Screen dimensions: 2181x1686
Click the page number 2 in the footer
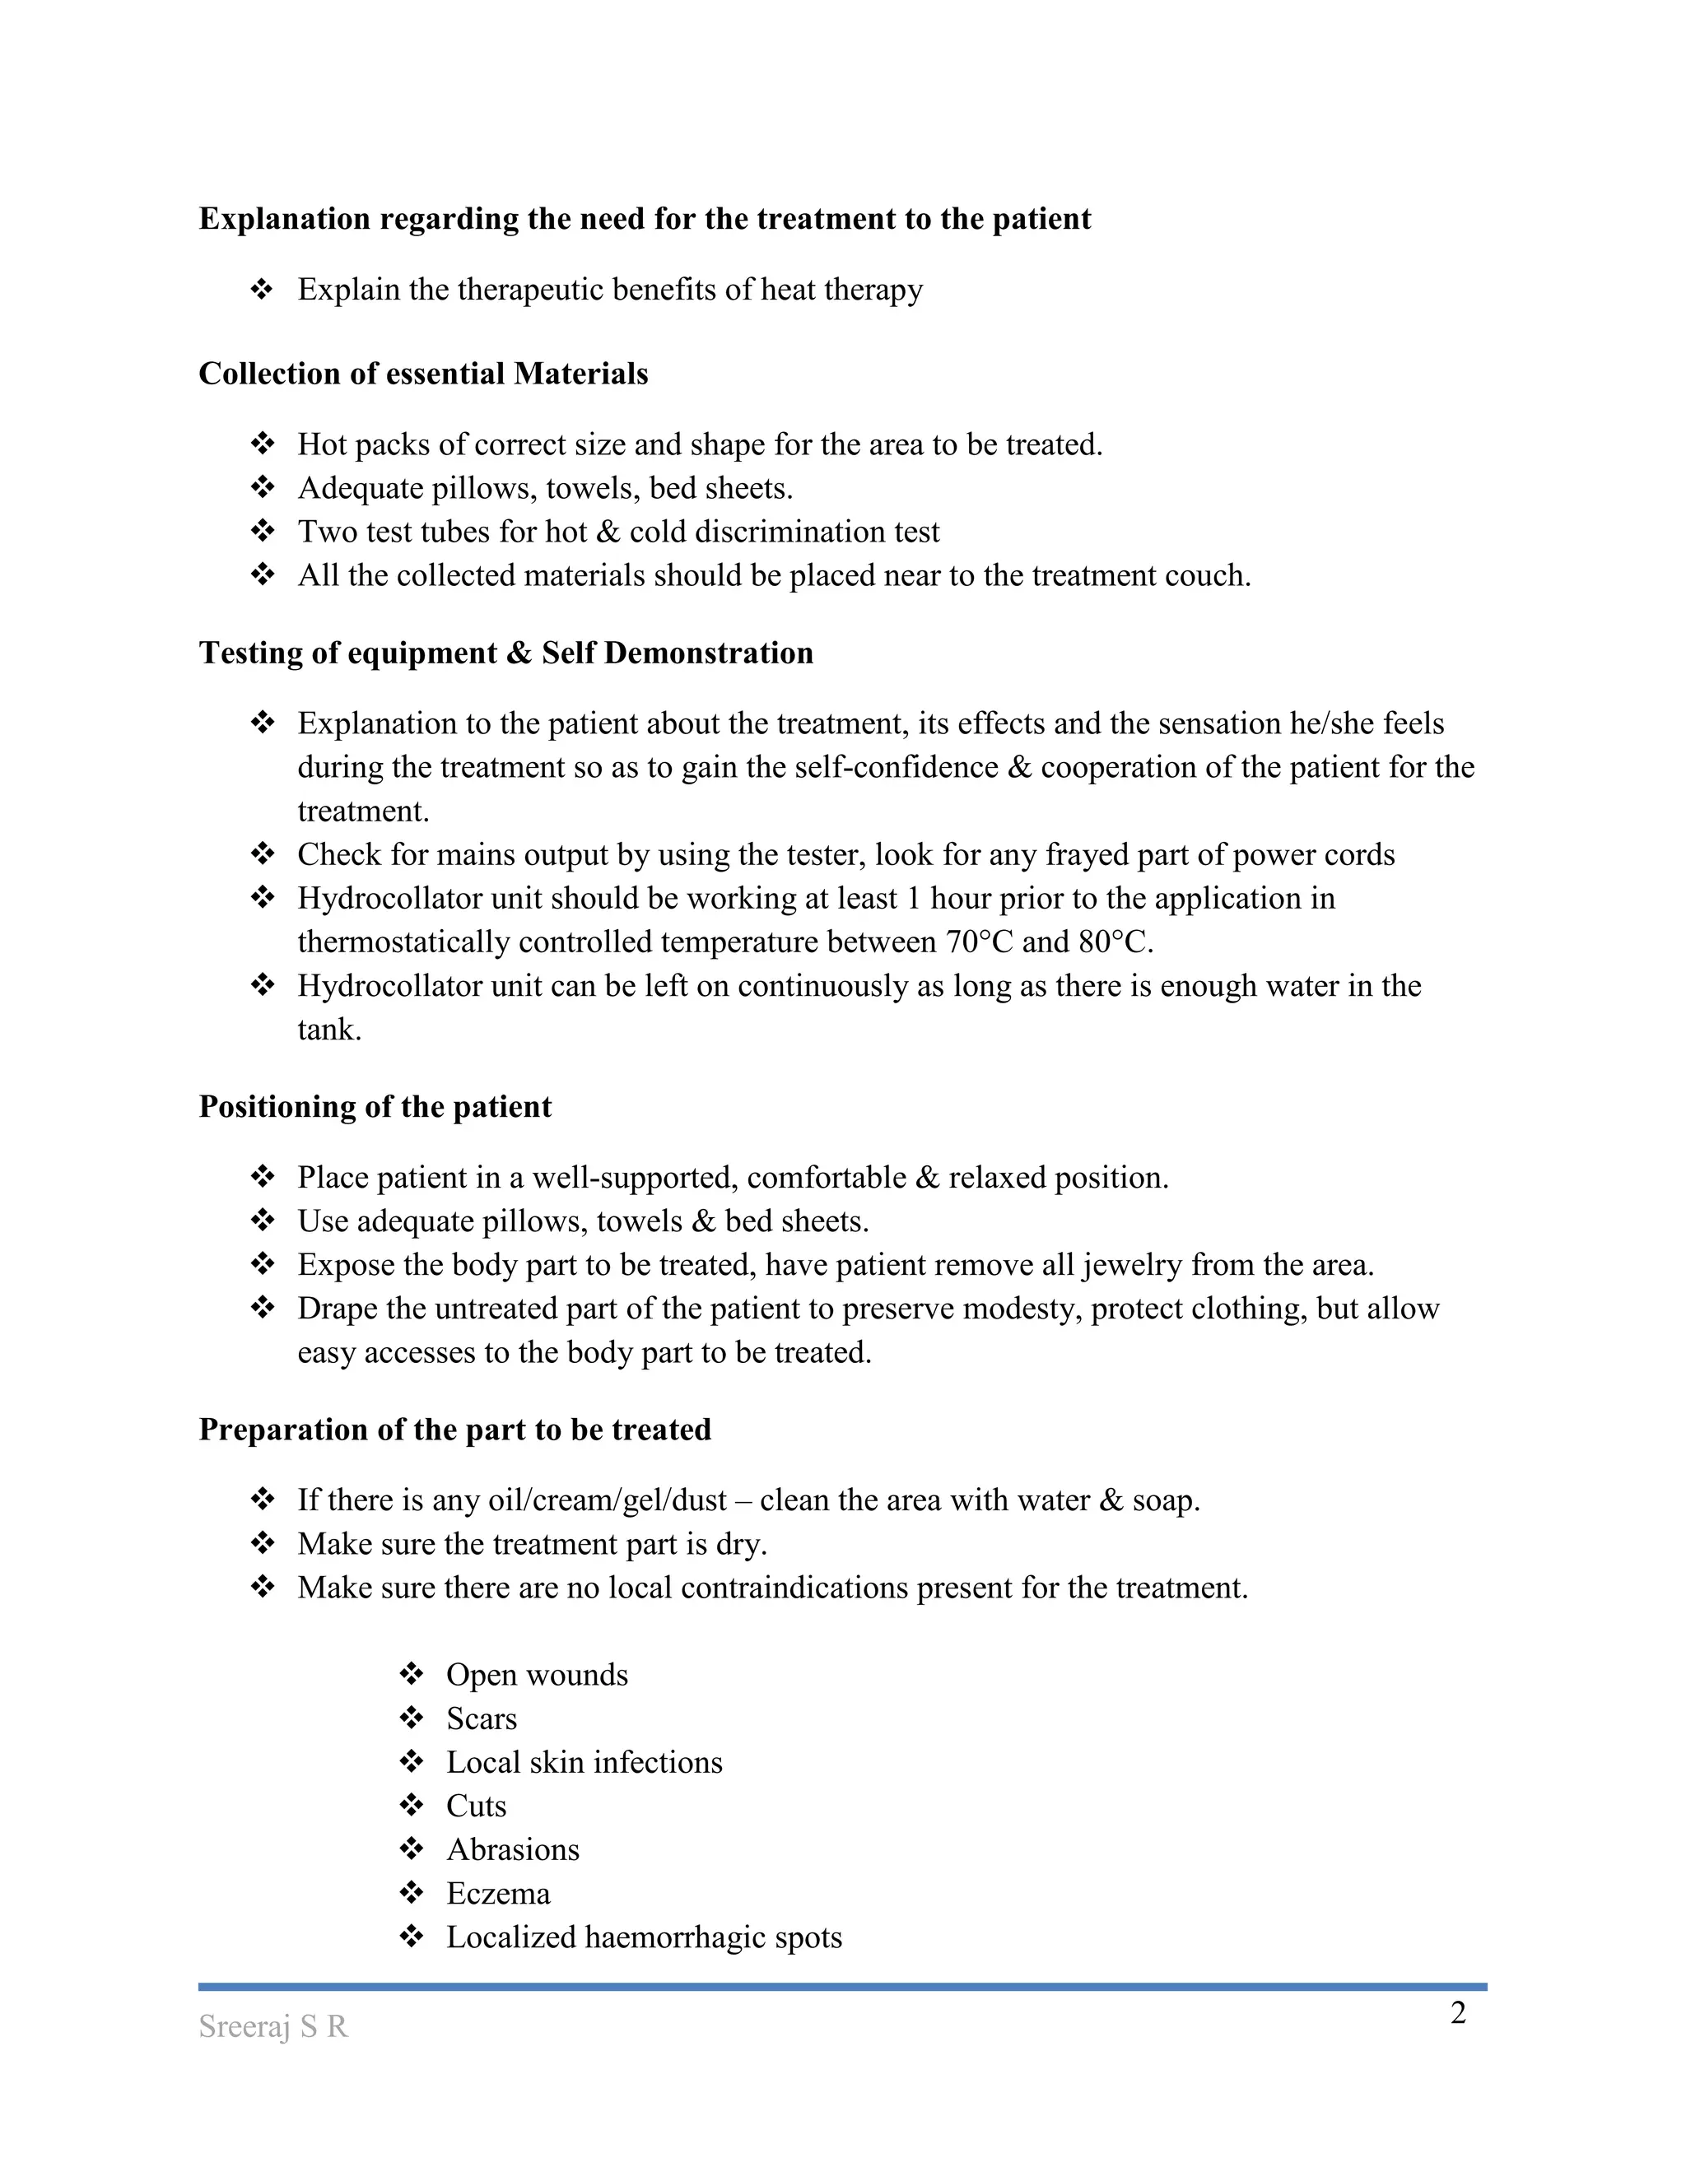pos(1457,2013)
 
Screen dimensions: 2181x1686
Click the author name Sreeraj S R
pos(272,2026)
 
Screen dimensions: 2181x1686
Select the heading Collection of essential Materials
pos(422,374)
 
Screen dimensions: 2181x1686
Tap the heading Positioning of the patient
pos(375,1106)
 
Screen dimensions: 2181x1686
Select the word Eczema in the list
pos(497,1894)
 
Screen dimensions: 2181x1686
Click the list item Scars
pos(481,1718)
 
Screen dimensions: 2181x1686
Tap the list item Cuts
pos(476,1806)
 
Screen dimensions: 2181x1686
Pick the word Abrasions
pos(512,1849)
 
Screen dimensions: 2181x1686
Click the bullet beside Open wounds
pos(411,1674)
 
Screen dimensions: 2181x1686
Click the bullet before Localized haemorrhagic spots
pos(411,1937)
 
